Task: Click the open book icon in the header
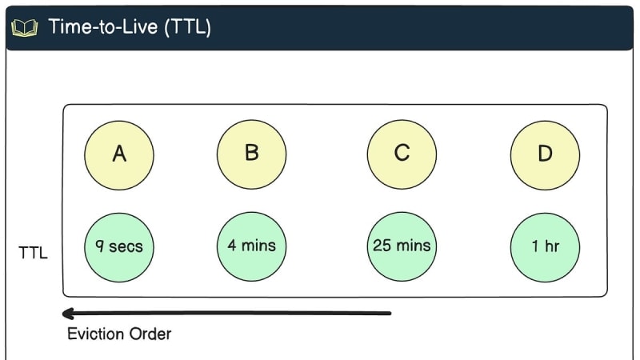tap(25, 28)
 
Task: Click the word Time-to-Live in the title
tap(103, 27)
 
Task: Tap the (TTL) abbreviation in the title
tap(188, 27)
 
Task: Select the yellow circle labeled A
tap(119, 155)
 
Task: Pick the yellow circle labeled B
tap(251, 154)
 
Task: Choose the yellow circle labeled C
tap(402, 154)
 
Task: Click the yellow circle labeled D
tap(545, 155)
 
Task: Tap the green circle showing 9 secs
tap(119, 247)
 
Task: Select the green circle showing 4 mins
tap(251, 246)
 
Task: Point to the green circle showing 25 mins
tap(402, 246)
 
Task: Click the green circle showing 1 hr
tap(545, 247)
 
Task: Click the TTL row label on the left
tap(33, 253)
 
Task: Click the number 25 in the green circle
tap(382, 246)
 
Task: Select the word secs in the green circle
tap(126, 247)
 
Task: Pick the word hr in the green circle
tap(551, 246)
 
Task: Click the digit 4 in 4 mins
tap(232, 245)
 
